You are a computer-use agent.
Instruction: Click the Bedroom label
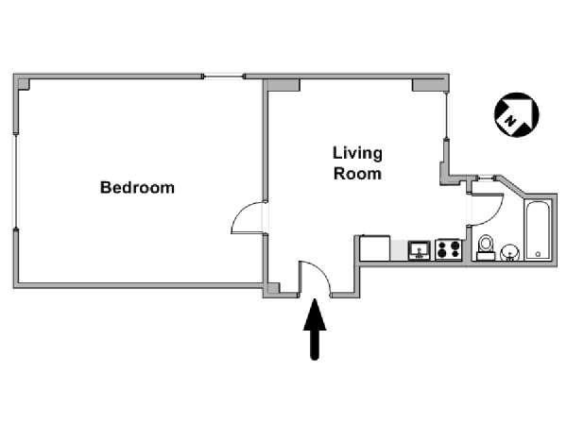137,188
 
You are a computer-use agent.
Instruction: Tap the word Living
357,153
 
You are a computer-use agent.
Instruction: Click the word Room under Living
357,174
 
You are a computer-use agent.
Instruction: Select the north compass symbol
516,115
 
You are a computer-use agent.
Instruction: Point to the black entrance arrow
315,330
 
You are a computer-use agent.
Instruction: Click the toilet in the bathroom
486,247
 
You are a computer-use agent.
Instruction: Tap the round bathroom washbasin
510,252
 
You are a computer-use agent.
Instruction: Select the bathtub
538,229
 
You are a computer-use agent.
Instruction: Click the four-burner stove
448,249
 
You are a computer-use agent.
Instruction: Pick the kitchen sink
420,250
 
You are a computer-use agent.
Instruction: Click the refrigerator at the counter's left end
375,247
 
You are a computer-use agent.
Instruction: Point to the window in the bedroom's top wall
223,76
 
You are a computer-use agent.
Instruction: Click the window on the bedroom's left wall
16,181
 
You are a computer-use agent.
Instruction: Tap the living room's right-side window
447,115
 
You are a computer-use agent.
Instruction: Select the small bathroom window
486,178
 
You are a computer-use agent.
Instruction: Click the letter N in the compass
510,120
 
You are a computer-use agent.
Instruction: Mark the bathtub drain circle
538,254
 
